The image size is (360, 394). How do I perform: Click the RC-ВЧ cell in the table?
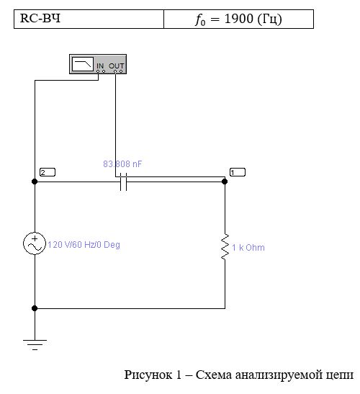(x=89, y=19)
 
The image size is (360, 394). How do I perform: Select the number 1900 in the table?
(x=238, y=19)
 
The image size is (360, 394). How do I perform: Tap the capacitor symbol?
(x=123, y=182)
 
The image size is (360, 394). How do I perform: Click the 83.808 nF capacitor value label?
(x=122, y=164)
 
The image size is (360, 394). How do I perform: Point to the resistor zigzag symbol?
(x=225, y=246)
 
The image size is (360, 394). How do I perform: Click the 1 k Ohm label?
(x=248, y=248)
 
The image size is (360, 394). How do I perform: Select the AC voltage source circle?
(x=35, y=243)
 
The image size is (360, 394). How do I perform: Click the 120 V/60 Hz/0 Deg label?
(x=84, y=245)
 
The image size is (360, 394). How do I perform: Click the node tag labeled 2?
(x=48, y=172)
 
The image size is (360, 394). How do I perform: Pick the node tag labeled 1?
(x=238, y=172)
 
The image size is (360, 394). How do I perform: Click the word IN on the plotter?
(x=100, y=66)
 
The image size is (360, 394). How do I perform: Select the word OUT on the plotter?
(x=117, y=66)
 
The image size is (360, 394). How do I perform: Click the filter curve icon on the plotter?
(x=83, y=64)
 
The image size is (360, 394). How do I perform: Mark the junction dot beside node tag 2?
(x=35, y=182)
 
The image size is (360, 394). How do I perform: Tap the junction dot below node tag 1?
(x=225, y=182)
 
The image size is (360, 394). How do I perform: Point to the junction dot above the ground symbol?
(x=35, y=308)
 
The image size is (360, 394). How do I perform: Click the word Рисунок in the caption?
(x=148, y=375)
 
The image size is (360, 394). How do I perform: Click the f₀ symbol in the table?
(x=200, y=20)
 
